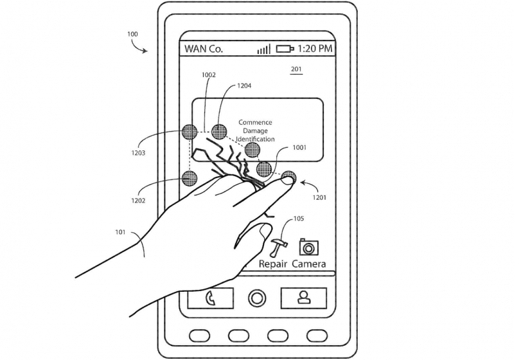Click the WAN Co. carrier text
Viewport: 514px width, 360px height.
[204, 49]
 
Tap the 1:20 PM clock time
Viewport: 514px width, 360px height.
[315, 48]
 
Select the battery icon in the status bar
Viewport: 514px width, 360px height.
[285, 49]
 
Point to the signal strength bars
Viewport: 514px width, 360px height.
[264, 49]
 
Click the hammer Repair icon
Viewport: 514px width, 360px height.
[278, 248]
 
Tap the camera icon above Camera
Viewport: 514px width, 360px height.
[309, 247]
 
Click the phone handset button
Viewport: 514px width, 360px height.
[211, 298]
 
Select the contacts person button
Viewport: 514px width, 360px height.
[304, 298]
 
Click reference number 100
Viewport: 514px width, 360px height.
[132, 34]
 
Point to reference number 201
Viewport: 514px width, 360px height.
[296, 69]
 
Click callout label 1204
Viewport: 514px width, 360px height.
[244, 86]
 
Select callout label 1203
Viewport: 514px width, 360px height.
[138, 153]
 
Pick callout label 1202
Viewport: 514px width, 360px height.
[138, 201]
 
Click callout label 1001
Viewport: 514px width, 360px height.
[299, 148]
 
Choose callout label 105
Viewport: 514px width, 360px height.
[298, 219]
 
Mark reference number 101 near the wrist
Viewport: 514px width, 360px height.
[120, 232]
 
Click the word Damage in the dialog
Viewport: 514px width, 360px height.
[255, 130]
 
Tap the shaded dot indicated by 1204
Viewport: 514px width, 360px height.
[219, 132]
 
